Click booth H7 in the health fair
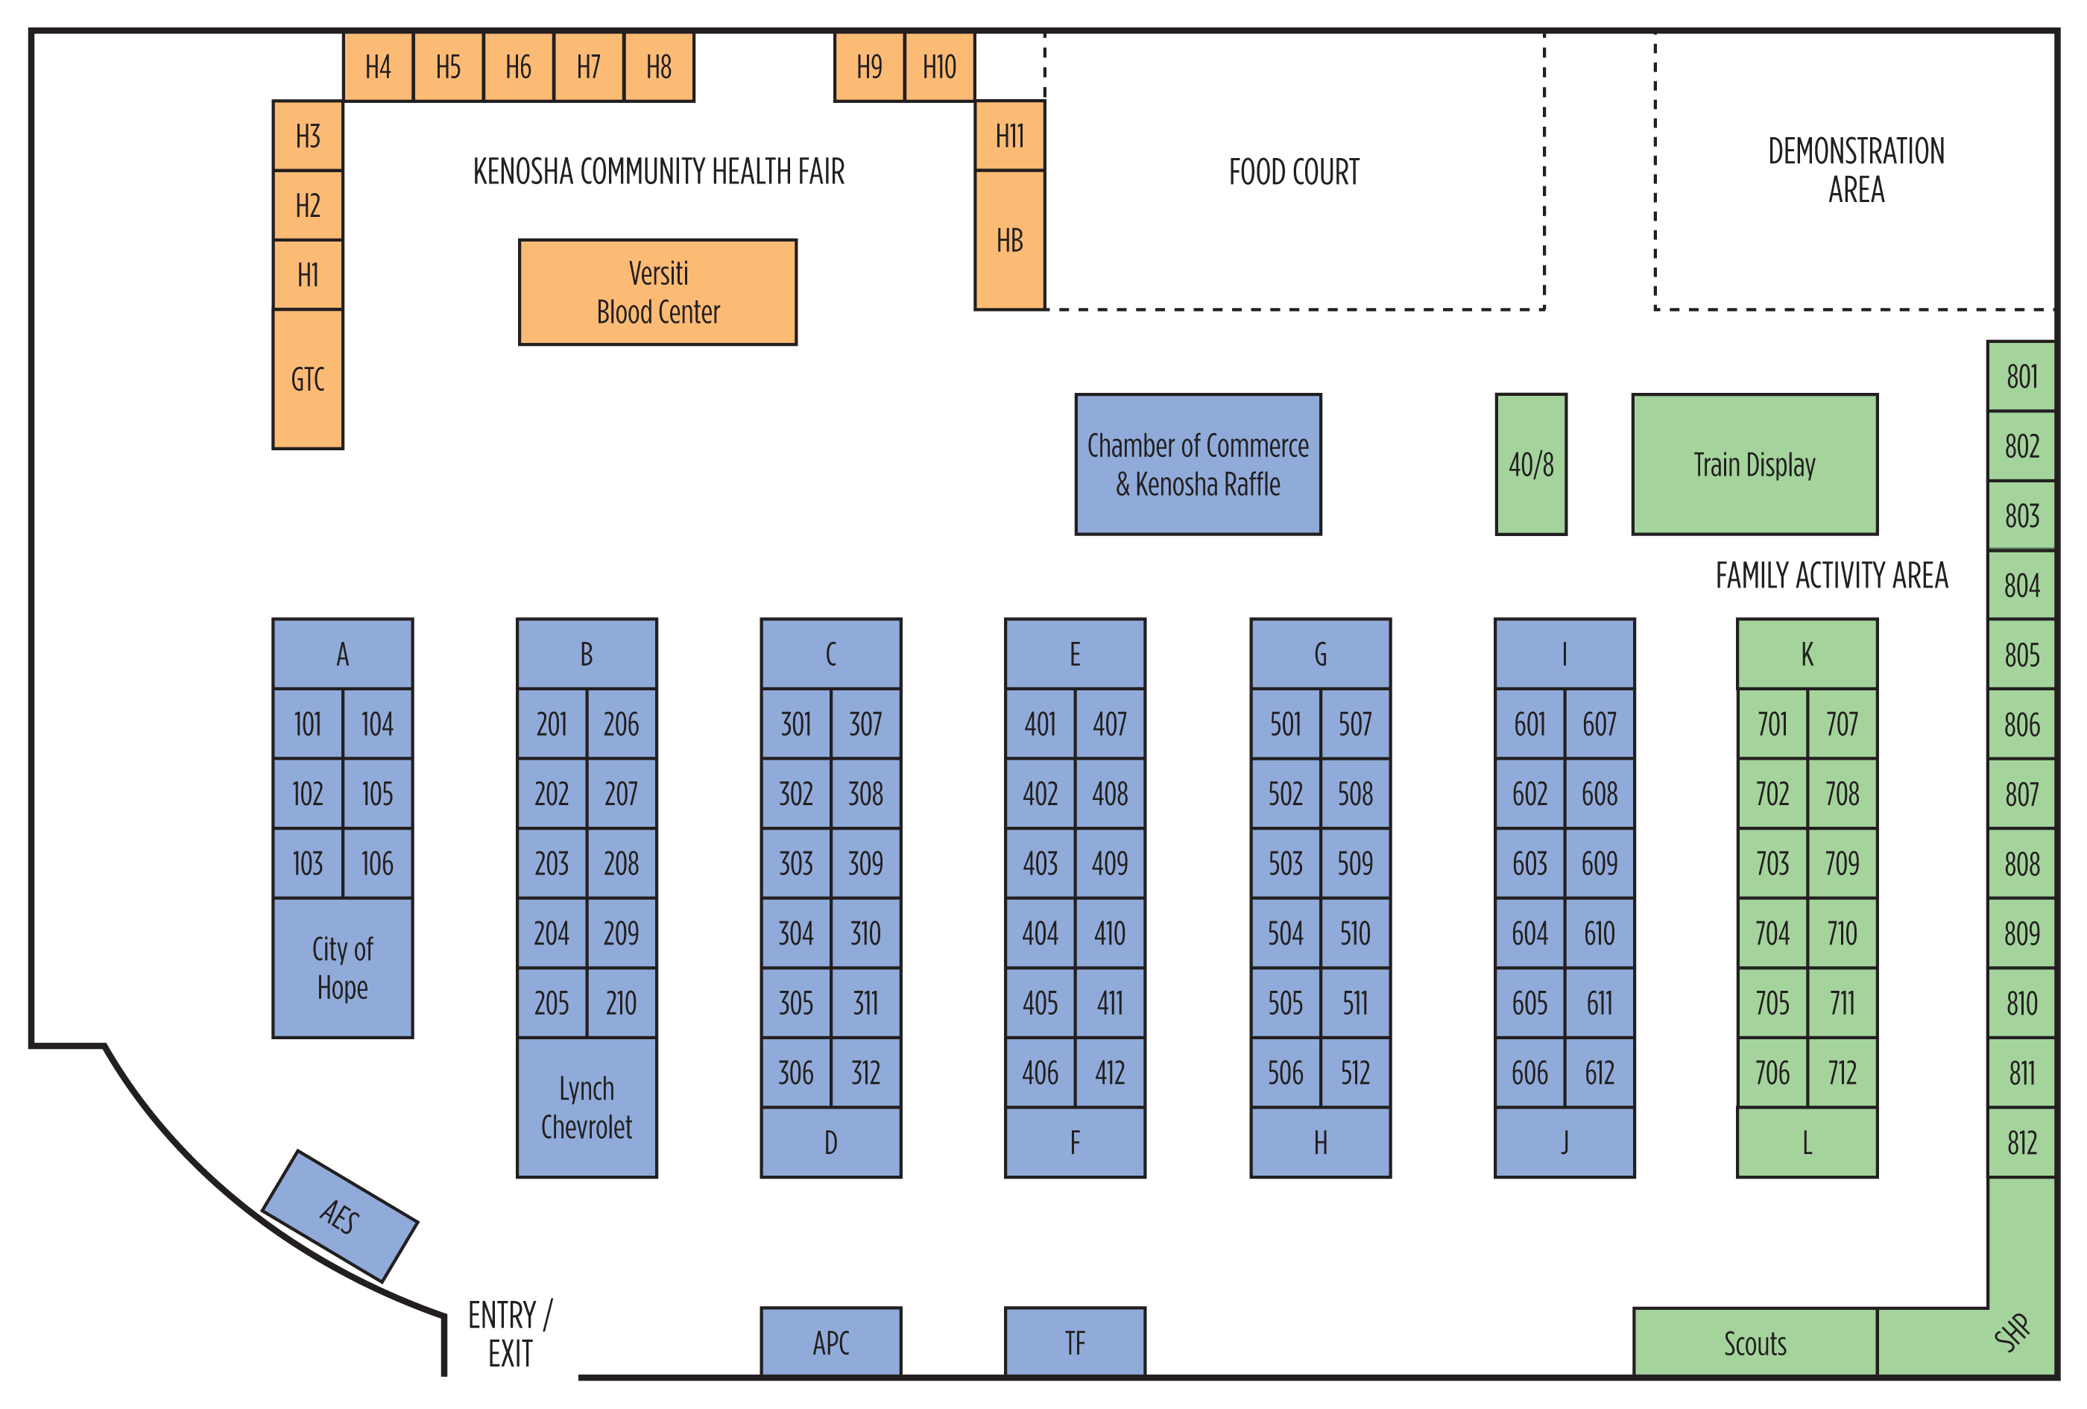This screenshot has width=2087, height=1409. [x=588, y=67]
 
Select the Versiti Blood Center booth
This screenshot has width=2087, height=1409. [x=657, y=291]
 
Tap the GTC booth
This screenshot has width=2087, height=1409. [x=307, y=379]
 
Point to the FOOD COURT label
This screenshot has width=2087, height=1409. [x=1293, y=171]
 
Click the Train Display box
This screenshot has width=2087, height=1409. [x=1754, y=464]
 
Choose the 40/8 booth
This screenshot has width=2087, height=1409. [x=1530, y=464]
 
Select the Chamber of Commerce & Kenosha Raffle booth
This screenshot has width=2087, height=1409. [x=1197, y=464]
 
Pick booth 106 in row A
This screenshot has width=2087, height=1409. [x=377, y=864]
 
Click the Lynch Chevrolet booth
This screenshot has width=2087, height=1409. [x=587, y=1107]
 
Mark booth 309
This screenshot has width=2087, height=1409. [x=865, y=864]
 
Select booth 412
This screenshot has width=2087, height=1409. [x=1110, y=1073]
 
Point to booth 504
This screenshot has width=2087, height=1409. [x=1285, y=934]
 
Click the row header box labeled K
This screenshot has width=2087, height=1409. [x=1807, y=654]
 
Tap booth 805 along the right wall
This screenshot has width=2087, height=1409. [x=2021, y=655]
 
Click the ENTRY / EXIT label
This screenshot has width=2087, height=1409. [x=510, y=1334]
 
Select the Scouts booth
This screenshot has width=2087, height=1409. [x=1754, y=1343]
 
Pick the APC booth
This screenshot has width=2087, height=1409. [x=830, y=1343]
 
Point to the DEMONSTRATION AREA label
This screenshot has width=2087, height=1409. [x=1855, y=171]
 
